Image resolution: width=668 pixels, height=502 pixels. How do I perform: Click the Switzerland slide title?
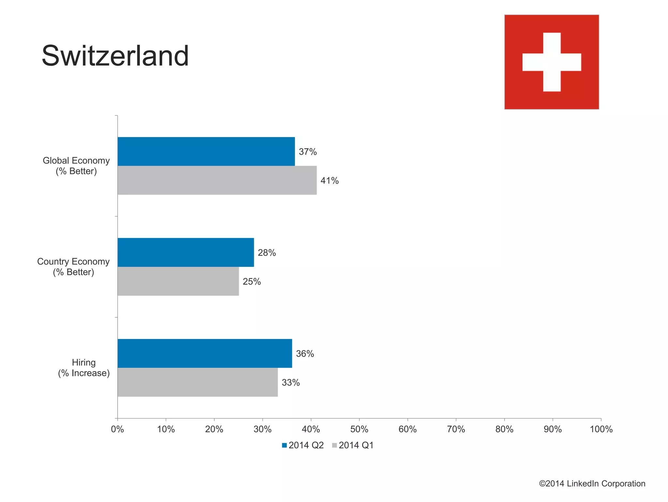[x=115, y=56]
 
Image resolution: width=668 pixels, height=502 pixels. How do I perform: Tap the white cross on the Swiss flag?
[x=552, y=62]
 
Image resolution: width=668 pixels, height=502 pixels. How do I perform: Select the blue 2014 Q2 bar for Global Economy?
[x=206, y=151]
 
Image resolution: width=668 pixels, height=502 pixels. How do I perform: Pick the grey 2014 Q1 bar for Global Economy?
[x=217, y=180]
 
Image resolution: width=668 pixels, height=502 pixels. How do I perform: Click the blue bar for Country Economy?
[x=186, y=252]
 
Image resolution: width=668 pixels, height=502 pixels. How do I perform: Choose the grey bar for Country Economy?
[x=178, y=281]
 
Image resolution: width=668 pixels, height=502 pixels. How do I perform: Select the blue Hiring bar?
[x=205, y=353]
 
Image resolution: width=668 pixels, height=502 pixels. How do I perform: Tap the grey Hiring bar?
[x=197, y=382]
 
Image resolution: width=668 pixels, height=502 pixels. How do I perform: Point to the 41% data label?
[x=329, y=181]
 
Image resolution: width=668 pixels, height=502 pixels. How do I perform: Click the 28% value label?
[x=267, y=253]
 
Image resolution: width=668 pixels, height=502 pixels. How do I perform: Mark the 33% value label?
[x=291, y=382]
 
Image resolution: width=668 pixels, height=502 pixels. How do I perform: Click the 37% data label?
[x=308, y=152]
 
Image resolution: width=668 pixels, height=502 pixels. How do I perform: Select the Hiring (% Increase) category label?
[x=84, y=368]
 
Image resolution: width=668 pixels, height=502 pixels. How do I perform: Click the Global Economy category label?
[x=76, y=166]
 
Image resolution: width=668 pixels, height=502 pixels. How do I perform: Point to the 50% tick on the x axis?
[x=359, y=429]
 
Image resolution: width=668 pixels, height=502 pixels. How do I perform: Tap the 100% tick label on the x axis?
[x=601, y=429]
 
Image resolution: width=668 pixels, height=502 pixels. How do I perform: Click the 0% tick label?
[x=117, y=429]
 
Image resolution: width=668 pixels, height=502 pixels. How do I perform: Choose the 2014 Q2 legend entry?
[x=303, y=445]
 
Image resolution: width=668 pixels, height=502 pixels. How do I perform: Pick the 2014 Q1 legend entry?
[x=353, y=445]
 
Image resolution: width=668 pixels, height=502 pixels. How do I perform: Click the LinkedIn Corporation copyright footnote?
[x=592, y=483]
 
